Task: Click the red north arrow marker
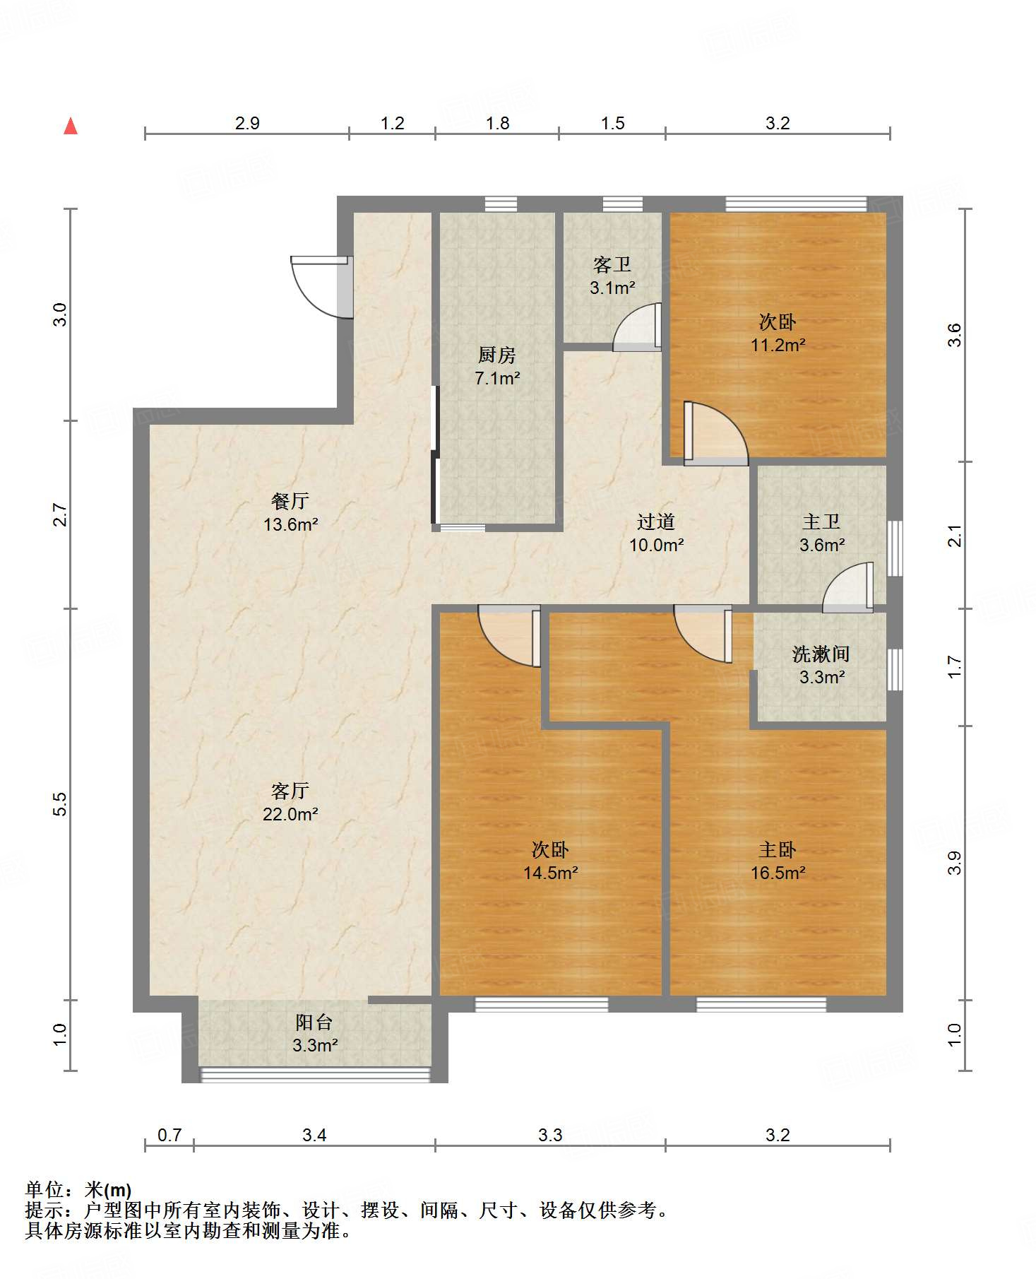(71, 126)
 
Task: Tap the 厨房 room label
(497, 355)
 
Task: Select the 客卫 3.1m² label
(612, 276)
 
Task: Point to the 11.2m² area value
(778, 345)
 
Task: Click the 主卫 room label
(821, 521)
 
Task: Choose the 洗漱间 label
(821, 654)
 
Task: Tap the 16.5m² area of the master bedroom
(778, 873)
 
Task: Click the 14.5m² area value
(551, 873)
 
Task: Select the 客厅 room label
(290, 790)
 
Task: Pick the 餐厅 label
(290, 500)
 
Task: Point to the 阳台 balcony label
(314, 1022)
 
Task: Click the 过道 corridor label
(656, 521)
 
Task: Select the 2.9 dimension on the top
(247, 123)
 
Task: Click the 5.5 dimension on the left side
(60, 804)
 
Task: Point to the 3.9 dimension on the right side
(954, 863)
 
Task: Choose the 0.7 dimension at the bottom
(169, 1135)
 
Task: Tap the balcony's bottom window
(315, 1075)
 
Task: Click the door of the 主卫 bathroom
(847, 587)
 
